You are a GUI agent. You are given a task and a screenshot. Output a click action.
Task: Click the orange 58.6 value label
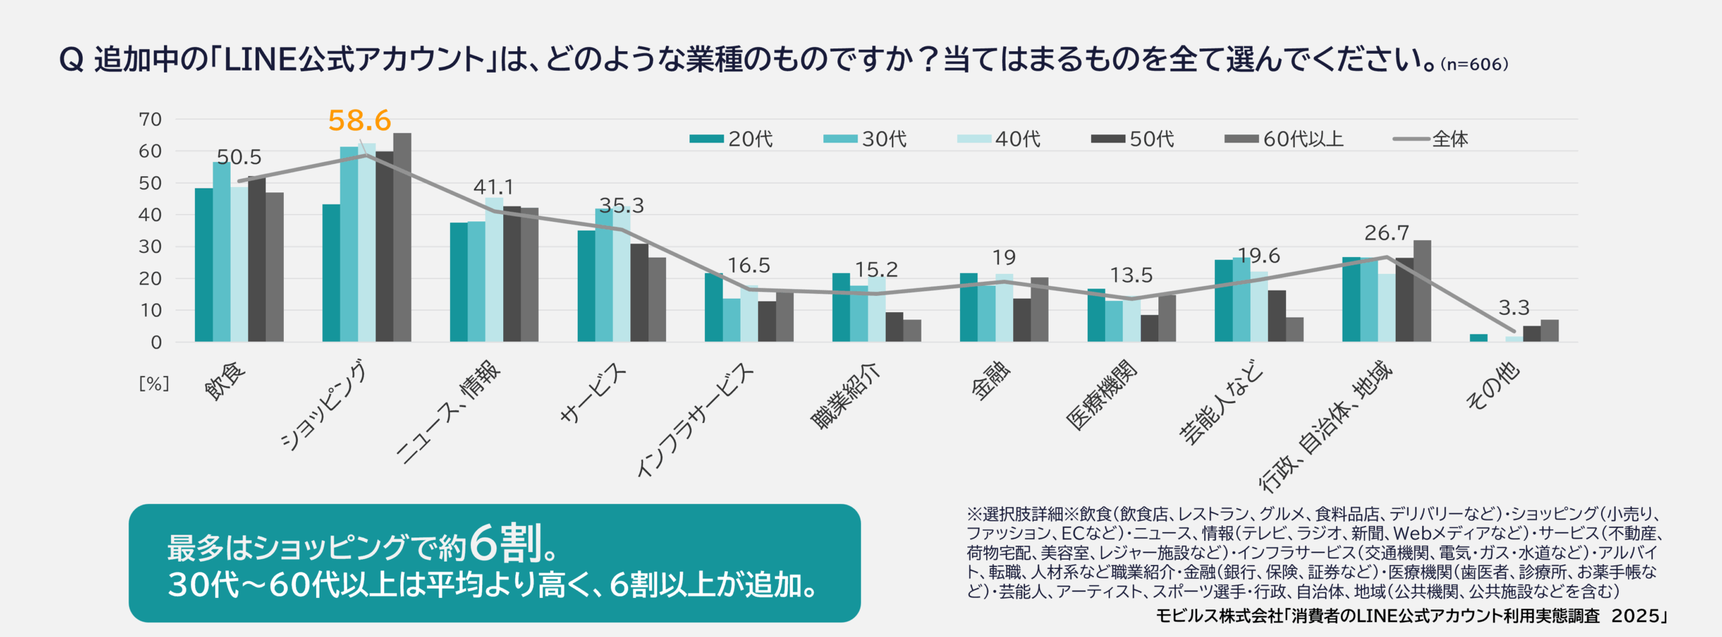359,121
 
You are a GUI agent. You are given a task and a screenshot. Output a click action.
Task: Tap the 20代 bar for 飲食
204,265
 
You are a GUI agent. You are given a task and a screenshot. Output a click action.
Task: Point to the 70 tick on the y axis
150,120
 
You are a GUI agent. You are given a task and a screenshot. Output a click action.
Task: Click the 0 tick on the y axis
156,342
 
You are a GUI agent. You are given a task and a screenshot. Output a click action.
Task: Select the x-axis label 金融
991,381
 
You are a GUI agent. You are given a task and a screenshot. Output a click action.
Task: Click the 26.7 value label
1386,233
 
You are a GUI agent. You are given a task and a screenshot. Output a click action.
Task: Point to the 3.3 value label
1513,308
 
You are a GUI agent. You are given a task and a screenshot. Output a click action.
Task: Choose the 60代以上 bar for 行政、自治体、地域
1422,291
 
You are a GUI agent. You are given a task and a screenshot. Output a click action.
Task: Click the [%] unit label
154,383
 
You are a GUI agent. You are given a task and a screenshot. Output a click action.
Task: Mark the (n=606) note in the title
1474,65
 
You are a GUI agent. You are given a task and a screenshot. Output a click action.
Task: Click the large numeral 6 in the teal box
484,544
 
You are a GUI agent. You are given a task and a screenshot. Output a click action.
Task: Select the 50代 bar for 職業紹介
895,327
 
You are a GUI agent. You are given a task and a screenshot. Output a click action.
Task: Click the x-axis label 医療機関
1102,395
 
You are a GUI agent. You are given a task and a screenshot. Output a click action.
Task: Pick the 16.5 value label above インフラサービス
749,266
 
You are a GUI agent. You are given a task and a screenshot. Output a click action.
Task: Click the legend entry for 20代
731,139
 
